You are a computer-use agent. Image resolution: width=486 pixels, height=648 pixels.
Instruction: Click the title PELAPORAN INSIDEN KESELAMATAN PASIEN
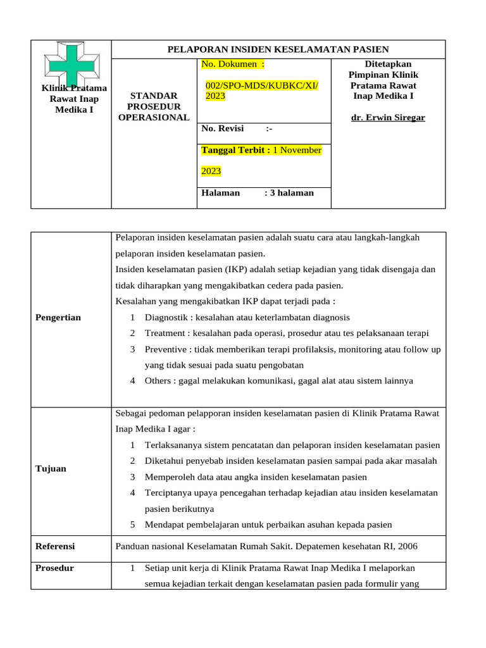(278, 49)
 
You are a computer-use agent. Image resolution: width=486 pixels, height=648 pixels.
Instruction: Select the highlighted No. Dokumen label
(232, 64)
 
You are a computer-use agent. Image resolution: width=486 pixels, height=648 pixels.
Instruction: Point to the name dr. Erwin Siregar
(388, 118)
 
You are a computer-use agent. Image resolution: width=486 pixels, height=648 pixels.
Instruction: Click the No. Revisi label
(222, 128)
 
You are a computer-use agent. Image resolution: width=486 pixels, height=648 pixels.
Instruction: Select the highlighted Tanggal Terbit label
(235, 150)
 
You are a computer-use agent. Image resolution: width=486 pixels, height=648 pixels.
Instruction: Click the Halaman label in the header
(220, 192)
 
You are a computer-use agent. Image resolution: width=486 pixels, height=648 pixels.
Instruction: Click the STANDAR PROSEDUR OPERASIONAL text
(154, 106)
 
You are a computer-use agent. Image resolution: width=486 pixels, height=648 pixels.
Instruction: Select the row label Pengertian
(58, 317)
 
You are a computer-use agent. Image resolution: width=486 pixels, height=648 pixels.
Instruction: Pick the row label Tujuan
(51, 468)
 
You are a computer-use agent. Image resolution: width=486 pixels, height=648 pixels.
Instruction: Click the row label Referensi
(56, 546)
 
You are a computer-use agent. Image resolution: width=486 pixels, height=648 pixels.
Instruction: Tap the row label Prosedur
(55, 568)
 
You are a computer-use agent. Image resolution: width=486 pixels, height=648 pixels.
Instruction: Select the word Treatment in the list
(166, 333)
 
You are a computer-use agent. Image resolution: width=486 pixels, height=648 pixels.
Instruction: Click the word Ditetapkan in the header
(388, 64)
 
